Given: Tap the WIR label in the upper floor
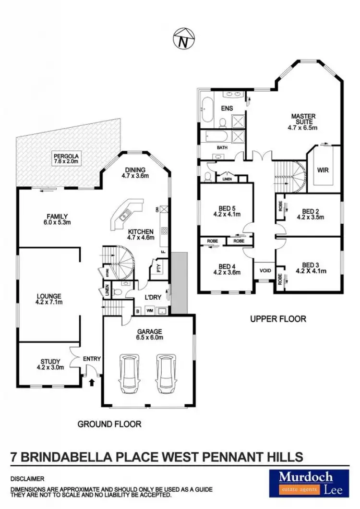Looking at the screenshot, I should [323, 170].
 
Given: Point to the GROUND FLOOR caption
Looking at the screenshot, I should [109, 424].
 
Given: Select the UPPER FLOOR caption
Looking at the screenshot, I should [278, 318].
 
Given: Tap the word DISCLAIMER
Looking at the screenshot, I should [27, 479].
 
